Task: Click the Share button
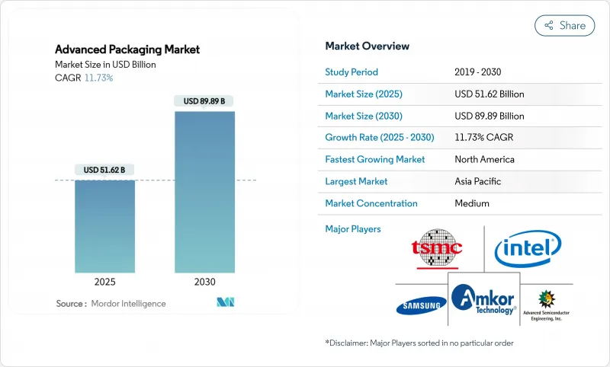tap(564, 25)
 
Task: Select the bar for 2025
tap(105, 225)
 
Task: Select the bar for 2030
tap(204, 190)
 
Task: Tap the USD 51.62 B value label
tap(105, 170)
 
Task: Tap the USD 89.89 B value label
tap(204, 101)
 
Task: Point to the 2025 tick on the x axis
tap(105, 281)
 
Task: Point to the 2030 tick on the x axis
tap(204, 281)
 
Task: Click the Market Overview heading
tap(367, 46)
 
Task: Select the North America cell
tap(484, 160)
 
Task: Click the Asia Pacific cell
tap(477, 181)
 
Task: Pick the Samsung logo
tap(421, 307)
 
